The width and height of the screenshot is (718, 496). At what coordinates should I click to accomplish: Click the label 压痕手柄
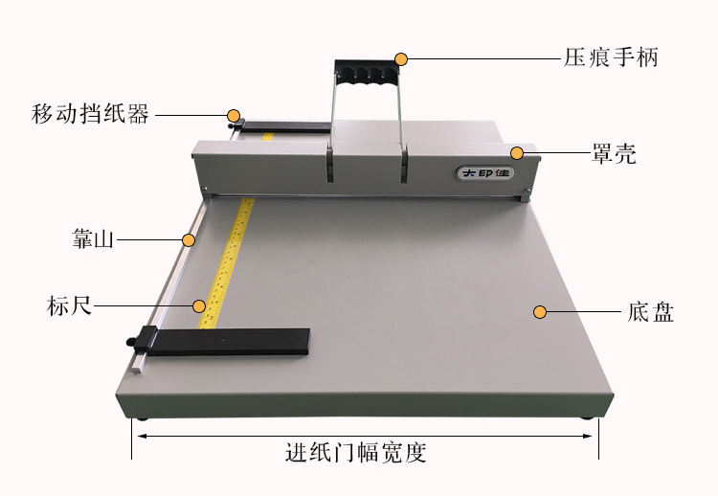(x=611, y=57)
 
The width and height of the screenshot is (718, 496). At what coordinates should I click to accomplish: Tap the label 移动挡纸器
(x=90, y=114)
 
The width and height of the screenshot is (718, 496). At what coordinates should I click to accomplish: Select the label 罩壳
(x=614, y=153)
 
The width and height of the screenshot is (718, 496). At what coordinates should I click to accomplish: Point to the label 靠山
(x=93, y=238)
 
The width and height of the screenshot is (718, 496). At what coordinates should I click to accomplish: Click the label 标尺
(x=69, y=305)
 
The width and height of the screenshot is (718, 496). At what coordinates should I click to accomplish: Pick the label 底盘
(x=650, y=312)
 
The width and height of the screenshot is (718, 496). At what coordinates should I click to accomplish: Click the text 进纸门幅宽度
(x=356, y=452)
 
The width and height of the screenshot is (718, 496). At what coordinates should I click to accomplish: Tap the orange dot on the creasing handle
(x=401, y=59)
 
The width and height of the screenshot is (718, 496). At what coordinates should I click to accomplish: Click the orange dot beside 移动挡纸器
(x=234, y=116)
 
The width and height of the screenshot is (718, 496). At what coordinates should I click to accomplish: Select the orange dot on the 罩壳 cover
(x=517, y=153)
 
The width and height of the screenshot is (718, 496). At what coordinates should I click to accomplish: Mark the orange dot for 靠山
(x=189, y=240)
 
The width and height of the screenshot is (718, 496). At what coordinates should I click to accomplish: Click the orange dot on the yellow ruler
(x=199, y=306)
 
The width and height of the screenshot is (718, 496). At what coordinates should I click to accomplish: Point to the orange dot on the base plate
(x=540, y=312)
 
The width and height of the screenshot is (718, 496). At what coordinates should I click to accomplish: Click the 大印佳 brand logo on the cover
(x=485, y=173)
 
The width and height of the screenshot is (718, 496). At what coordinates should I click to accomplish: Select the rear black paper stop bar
(x=285, y=126)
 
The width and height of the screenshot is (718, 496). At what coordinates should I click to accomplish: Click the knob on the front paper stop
(x=131, y=341)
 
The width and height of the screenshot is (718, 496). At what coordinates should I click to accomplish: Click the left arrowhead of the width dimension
(x=142, y=436)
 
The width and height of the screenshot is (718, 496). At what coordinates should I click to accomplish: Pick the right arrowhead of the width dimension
(x=588, y=436)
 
